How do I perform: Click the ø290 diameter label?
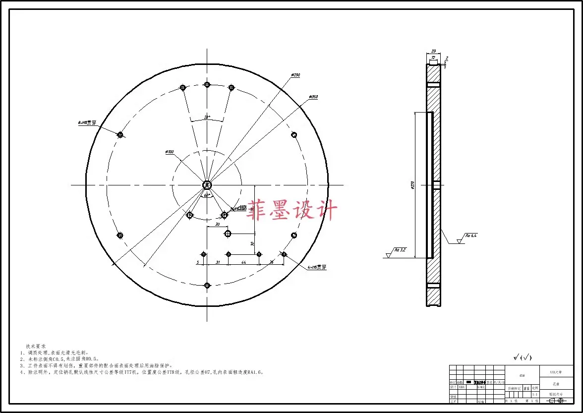click(295, 75)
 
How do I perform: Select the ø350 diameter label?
click(313, 97)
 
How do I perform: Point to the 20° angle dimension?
click(207, 118)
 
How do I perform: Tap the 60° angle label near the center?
click(207, 195)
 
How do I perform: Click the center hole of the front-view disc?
click(207, 185)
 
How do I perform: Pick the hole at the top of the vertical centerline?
click(207, 85)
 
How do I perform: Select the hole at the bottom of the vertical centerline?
click(207, 285)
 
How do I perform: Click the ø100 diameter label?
click(169, 152)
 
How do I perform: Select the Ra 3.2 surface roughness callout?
click(400, 250)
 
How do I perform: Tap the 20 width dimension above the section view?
click(433, 51)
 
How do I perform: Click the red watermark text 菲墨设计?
click(292, 210)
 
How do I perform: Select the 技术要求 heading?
click(36, 346)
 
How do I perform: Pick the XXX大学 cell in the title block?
click(556, 371)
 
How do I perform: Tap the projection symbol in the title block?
click(556, 401)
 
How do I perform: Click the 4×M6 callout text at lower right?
click(317, 267)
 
